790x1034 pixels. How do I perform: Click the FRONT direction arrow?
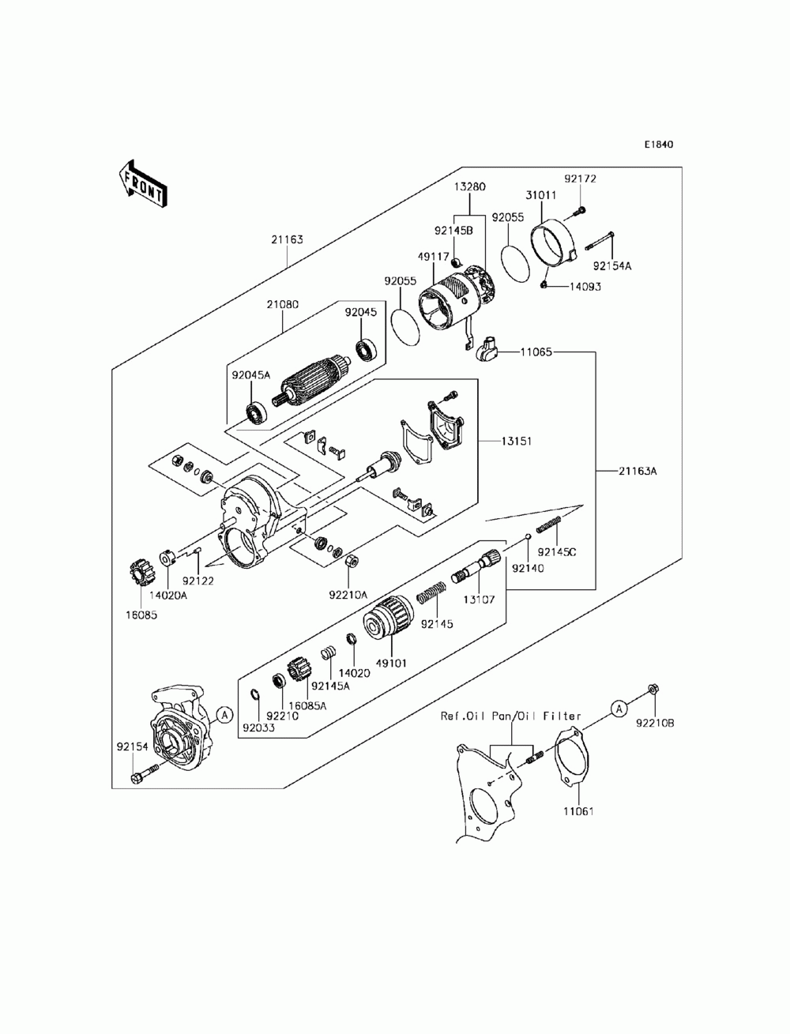[x=141, y=184]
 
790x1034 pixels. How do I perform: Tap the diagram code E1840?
[x=659, y=144]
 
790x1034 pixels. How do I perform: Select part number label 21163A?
[x=638, y=471]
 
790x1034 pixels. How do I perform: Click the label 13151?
[x=517, y=442]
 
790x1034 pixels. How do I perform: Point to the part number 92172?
[x=581, y=179]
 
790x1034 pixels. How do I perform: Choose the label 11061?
[x=578, y=811]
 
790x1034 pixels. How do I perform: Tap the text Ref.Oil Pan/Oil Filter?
[x=510, y=716]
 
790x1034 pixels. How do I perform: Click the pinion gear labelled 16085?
[x=140, y=573]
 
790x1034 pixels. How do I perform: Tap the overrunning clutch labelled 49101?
[x=389, y=617]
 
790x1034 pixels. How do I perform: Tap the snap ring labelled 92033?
[x=255, y=694]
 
